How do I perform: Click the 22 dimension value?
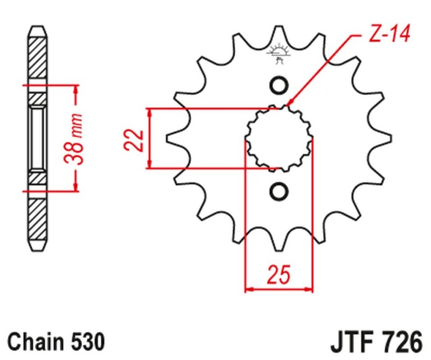tap(136, 139)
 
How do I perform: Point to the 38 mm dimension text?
tap(76, 139)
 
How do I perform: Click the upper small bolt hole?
tap(279, 86)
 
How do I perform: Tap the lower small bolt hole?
tap(279, 191)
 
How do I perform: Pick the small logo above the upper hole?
tap(279, 53)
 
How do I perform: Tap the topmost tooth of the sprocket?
tap(279, 32)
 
